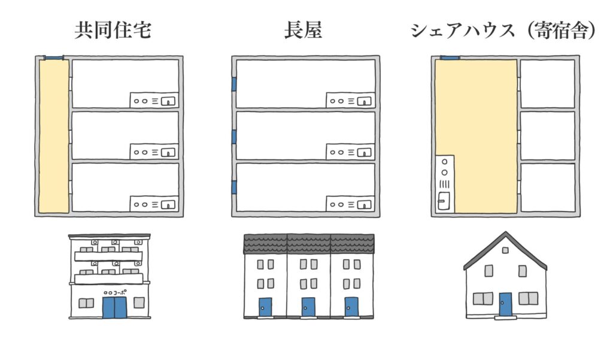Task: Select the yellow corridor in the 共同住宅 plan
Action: pyautogui.click(x=54, y=136)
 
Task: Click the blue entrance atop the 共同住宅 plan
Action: pyautogui.click(x=54, y=58)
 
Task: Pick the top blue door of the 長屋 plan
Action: pyautogui.click(x=234, y=84)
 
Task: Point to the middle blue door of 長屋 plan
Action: pyautogui.click(x=234, y=137)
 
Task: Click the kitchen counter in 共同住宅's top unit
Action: pyautogui.click(x=154, y=100)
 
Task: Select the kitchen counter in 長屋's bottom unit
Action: pyautogui.click(x=350, y=204)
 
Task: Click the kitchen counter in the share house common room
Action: pyautogui.click(x=445, y=184)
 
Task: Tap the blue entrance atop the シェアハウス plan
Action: pyautogui.click(x=450, y=58)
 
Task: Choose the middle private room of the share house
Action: pyautogui.click(x=547, y=136)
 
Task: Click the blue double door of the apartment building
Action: pyautogui.click(x=114, y=307)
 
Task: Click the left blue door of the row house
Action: pyautogui.click(x=265, y=307)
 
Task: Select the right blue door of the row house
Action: pyautogui.click(x=351, y=307)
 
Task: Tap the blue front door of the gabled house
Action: pyautogui.click(x=506, y=304)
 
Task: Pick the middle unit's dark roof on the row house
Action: pyautogui.click(x=308, y=243)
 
